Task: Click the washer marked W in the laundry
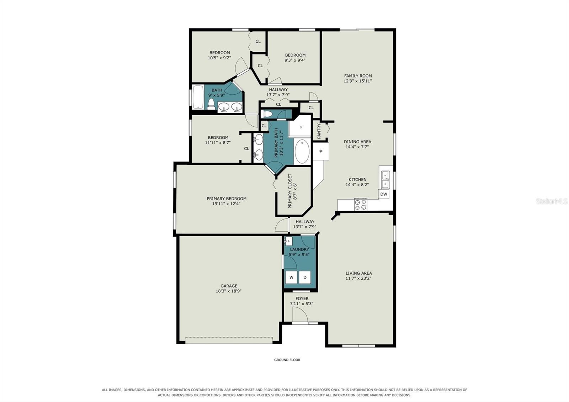pos(291,277)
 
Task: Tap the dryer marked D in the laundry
pos(305,277)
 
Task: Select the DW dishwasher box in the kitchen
pos(384,194)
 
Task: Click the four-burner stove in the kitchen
pos(361,204)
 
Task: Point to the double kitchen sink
pos(385,180)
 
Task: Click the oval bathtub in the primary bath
pos(302,152)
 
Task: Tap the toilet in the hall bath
pos(211,104)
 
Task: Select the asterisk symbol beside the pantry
pos(321,151)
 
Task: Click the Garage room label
pos(229,286)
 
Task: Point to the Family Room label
pos(358,76)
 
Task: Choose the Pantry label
pos(319,131)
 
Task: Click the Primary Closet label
pos(290,191)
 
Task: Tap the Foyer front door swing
pos(300,315)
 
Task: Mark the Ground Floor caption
pos(287,360)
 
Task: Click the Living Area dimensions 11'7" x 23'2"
pos(358,278)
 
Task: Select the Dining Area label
pos(357,142)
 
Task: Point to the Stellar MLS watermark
pos(552,201)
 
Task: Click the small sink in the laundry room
pos(288,241)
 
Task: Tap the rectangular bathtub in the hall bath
pos(198,97)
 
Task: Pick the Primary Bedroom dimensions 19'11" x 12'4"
pos(226,204)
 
